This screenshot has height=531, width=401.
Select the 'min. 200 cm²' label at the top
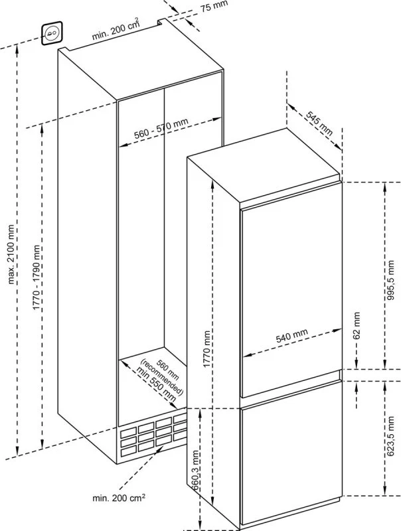tap(116, 29)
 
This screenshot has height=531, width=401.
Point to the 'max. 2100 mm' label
tap(11, 254)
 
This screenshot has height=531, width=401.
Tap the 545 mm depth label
tap(319, 123)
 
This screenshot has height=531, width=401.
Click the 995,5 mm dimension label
tap(391, 279)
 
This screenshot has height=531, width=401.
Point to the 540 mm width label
tap(291, 335)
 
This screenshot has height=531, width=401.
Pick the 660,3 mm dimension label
tap(195, 471)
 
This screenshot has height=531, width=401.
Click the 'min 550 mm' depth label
tap(157, 384)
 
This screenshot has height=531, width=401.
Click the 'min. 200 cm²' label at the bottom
tap(119, 497)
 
